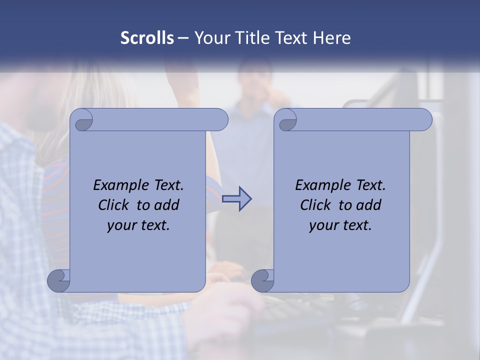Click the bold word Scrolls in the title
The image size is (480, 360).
(147, 38)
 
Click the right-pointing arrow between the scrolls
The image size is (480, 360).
(237, 199)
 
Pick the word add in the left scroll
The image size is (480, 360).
(166, 205)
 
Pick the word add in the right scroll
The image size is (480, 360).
(368, 205)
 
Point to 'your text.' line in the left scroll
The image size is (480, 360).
(138, 225)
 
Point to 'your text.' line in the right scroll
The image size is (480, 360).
(340, 225)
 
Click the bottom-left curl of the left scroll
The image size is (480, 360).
(58, 280)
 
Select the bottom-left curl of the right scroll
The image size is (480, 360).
(262, 280)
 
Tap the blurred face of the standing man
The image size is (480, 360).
(255, 80)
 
